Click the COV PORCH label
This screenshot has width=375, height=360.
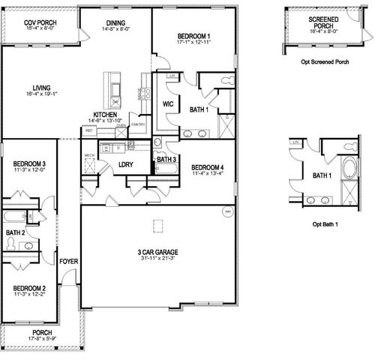click(39, 23)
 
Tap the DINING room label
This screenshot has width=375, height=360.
click(115, 23)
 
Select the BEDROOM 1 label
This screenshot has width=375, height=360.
click(193, 36)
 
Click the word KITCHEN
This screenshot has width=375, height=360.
click(105, 113)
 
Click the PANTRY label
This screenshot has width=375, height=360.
click(137, 124)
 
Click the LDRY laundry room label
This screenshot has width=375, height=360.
click(125, 164)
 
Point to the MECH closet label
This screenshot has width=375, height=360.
click(88, 155)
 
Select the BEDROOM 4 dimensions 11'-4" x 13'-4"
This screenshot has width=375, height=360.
click(208, 174)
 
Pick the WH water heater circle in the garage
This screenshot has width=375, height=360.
click(226, 211)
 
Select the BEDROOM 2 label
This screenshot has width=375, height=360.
click(30, 288)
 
